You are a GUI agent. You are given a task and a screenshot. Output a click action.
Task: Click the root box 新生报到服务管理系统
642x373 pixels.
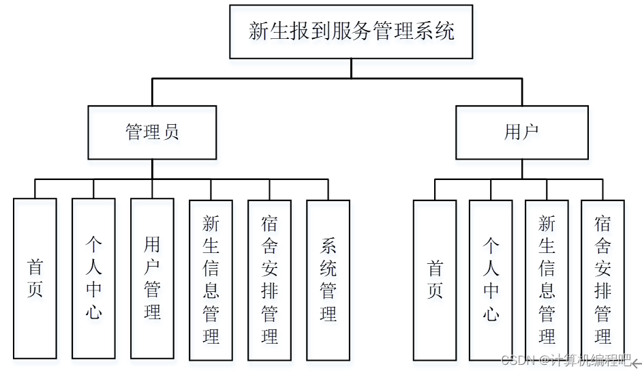351,31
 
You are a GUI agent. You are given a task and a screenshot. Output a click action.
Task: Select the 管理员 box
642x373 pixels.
152,132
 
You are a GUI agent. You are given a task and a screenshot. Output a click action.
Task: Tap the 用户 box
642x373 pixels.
521,132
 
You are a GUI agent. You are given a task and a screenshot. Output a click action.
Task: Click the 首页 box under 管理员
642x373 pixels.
35,279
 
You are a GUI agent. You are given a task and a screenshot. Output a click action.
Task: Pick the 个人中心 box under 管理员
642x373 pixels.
93,279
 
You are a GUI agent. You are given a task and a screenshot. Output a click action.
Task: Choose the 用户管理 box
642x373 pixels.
152,279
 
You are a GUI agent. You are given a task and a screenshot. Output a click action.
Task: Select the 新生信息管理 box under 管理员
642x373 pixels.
211,279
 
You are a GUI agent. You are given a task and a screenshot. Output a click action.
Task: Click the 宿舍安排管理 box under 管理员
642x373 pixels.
269,279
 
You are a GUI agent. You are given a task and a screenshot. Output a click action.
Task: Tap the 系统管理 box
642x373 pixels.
328,279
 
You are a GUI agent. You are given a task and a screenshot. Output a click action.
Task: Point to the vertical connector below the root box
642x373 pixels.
351,68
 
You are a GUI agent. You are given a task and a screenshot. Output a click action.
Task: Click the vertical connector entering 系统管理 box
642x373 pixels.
328,190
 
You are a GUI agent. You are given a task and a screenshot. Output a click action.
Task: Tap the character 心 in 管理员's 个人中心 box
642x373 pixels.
93,312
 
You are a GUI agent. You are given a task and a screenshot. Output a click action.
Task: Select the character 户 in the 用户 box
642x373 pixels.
530,132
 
